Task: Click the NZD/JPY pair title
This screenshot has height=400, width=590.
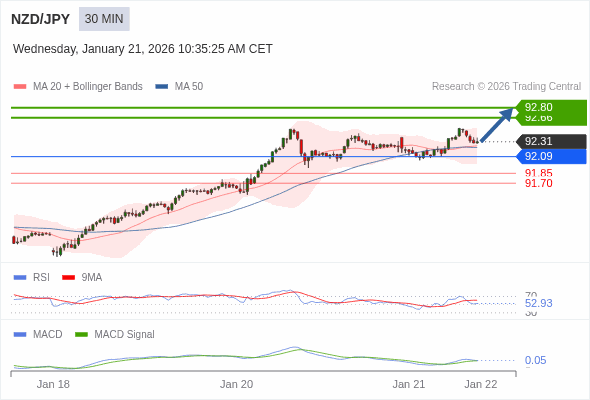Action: pos(40,19)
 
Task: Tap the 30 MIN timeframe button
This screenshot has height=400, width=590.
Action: pos(104,19)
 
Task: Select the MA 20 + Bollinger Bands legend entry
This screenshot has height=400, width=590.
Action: pos(79,87)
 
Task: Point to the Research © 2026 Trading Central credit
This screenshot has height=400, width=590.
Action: pos(506,87)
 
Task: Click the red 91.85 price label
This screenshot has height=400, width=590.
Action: pos(538,173)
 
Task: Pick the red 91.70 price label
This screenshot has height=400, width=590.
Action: pos(538,184)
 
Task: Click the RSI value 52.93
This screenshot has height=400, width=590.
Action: pos(538,303)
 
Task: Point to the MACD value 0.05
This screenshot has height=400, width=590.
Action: pos(536,360)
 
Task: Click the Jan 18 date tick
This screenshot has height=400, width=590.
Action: pos(53,384)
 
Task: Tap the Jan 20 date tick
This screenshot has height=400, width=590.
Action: pos(237,384)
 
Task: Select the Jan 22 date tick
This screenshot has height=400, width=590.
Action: pos(481,384)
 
